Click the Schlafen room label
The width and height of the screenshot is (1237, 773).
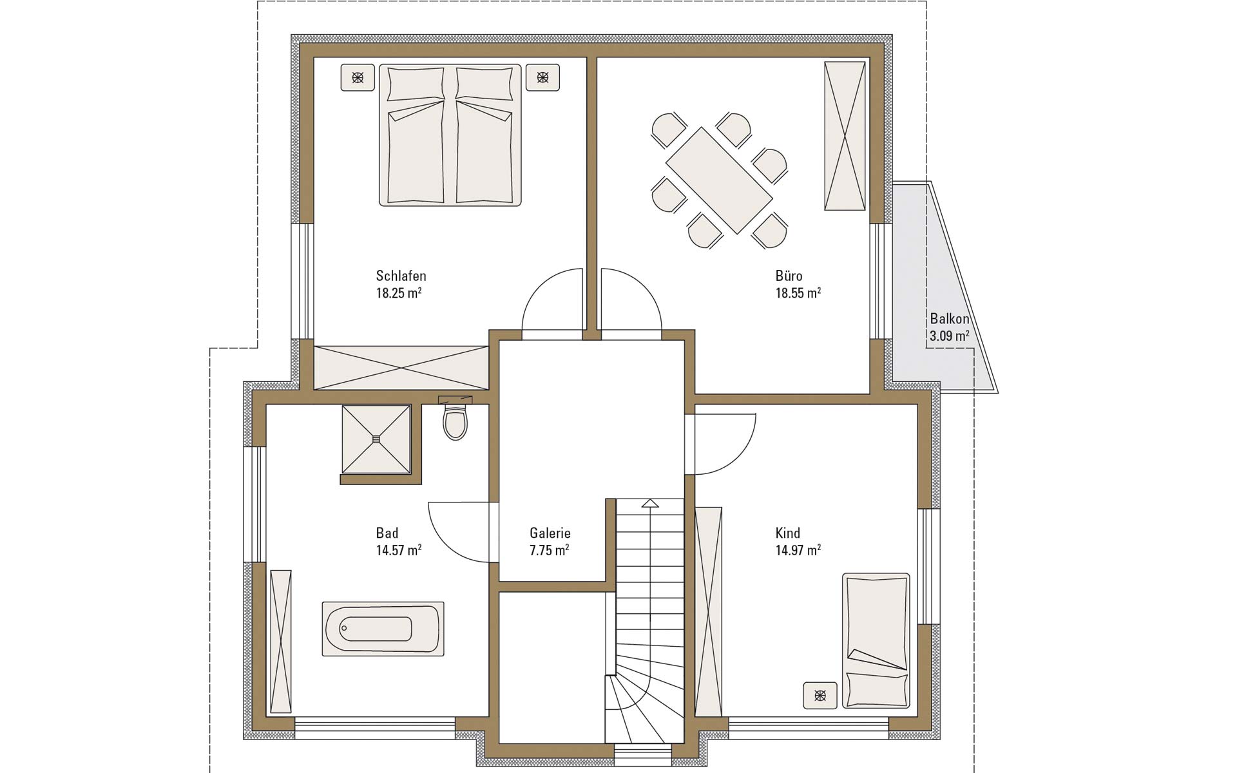point(401,276)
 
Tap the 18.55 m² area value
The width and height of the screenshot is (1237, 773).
point(798,293)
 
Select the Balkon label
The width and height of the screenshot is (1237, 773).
point(949,319)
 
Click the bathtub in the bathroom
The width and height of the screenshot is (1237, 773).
point(383,629)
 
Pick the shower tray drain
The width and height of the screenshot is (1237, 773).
point(376,439)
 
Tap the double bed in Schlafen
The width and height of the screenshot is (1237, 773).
point(450,135)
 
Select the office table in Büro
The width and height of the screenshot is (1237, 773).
point(719,180)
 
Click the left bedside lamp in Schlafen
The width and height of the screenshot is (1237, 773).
point(358,78)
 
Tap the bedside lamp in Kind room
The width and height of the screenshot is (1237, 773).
point(820,695)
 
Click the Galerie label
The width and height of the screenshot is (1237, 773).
point(550,533)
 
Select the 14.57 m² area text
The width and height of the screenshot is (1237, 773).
point(399,550)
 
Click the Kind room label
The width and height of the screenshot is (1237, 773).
point(787,533)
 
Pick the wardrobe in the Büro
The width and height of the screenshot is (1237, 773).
point(845,136)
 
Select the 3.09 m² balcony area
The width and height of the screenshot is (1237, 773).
point(950,336)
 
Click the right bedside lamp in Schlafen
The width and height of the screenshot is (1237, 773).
point(542,78)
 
